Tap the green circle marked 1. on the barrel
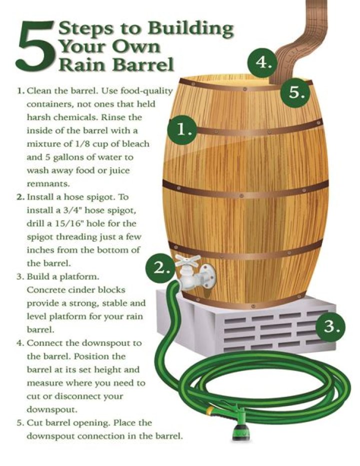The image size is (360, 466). point(181,130)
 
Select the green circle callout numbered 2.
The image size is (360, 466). point(159,268)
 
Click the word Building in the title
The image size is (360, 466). point(190,29)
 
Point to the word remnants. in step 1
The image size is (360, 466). point(48,184)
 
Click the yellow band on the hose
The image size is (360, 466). point(209,410)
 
